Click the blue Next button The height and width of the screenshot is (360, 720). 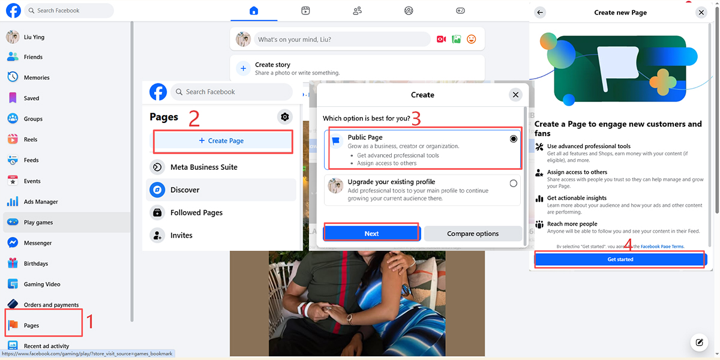point(371,233)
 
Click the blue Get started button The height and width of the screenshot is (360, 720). point(620,259)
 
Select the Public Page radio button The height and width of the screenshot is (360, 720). point(514,139)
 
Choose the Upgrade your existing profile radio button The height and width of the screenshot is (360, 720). point(514,183)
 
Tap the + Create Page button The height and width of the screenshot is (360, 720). point(221,141)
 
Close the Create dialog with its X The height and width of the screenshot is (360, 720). point(515,95)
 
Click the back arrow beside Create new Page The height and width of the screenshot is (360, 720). point(540,13)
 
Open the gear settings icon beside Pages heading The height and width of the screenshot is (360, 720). point(285,116)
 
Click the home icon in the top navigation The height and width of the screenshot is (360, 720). point(254,11)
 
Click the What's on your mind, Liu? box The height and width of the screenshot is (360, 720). point(342,39)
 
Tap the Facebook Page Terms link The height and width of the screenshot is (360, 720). point(662,247)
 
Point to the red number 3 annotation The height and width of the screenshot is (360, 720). point(416,119)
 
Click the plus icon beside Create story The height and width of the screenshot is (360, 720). point(244,68)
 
